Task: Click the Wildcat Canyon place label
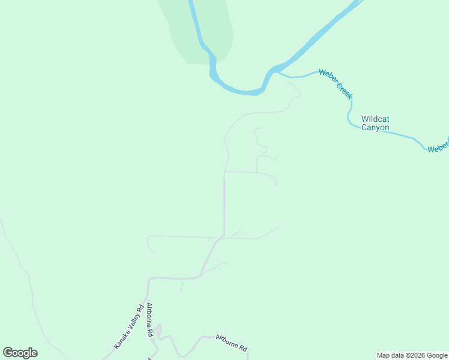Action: [x=375, y=123]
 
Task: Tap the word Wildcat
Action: [x=375, y=119]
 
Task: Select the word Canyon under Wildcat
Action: [x=375, y=128]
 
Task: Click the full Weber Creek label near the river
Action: [x=336, y=84]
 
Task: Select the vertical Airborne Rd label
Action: [x=149, y=320]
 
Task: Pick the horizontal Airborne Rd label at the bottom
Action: [x=231, y=343]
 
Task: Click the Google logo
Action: [x=20, y=353]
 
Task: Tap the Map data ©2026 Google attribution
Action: [x=412, y=355]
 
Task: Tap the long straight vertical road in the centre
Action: [x=224, y=204]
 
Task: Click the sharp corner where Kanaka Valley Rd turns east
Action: [x=150, y=279]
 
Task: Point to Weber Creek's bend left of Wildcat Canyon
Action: [x=349, y=114]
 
